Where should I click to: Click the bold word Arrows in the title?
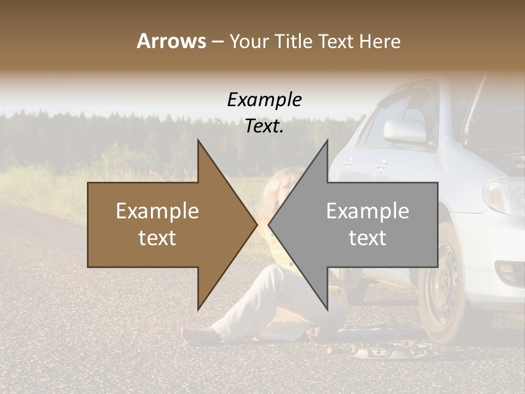pos(171,41)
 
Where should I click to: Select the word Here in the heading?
pos(379,41)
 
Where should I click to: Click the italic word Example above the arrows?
pos(264,100)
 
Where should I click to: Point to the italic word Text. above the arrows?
pos(264,126)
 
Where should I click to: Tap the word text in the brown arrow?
pos(157,238)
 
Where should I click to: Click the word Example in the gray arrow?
pos(367,211)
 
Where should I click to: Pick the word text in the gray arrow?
pos(367,238)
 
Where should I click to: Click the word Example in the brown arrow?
pos(157,211)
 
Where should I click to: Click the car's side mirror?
pos(405,130)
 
